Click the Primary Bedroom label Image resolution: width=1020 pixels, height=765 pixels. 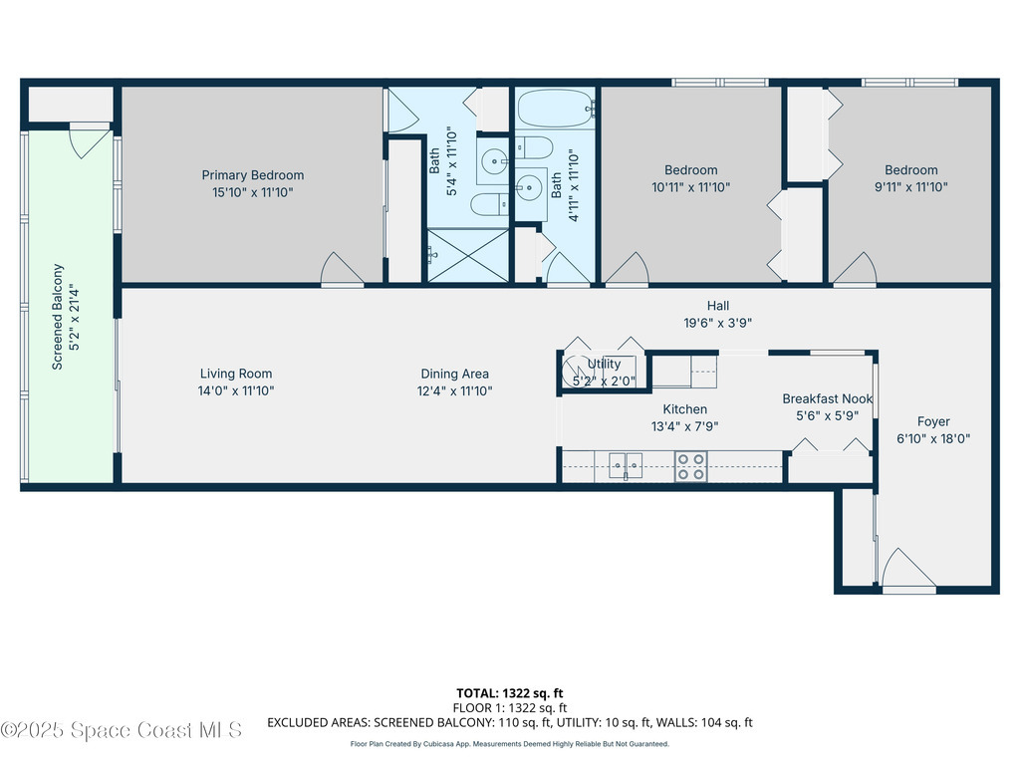(252, 175)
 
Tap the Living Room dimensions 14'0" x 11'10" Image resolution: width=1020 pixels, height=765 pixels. (235, 390)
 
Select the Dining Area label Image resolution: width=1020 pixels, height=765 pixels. (454, 374)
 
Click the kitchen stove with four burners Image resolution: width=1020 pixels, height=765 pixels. (691, 466)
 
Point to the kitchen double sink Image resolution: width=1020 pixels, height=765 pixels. (626, 466)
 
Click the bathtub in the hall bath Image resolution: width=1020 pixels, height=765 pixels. (555, 108)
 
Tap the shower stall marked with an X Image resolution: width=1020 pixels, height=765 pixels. (468, 256)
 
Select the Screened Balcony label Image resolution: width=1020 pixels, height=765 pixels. (57, 317)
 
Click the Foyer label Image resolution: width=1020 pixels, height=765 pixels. (933, 421)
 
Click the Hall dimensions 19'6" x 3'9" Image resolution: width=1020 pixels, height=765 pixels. (717, 322)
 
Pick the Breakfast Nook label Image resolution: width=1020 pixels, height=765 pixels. (827, 398)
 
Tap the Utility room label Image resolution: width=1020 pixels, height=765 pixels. (604, 364)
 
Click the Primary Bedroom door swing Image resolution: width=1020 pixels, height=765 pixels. (341, 269)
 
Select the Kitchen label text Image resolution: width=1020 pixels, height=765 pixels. (684, 409)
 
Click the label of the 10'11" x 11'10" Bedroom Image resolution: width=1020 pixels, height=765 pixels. (691, 169)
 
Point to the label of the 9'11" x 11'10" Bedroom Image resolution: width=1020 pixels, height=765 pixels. (910, 169)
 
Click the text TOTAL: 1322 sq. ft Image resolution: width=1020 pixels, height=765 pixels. (509, 693)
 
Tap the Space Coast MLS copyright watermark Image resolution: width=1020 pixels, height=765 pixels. (121, 730)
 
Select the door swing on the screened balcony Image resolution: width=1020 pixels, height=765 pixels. (90, 142)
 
